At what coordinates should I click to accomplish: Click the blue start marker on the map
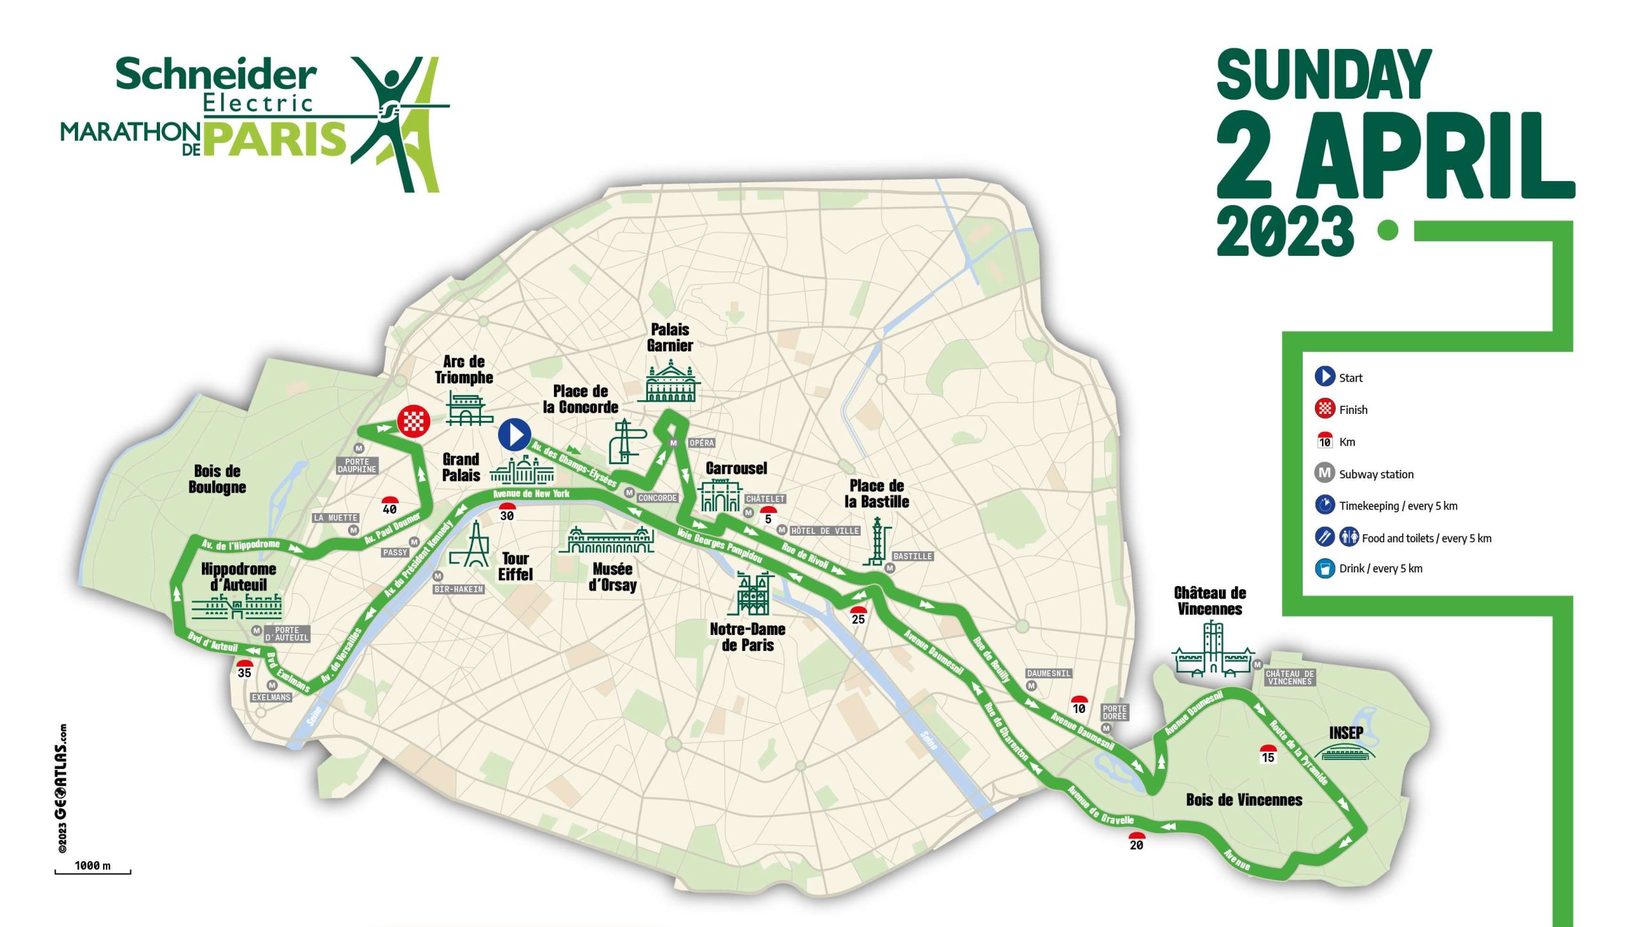coord(515,434)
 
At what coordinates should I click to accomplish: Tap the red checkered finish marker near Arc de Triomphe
coord(413,422)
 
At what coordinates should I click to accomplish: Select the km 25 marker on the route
coord(858,616)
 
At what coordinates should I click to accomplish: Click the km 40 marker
coord(390,505)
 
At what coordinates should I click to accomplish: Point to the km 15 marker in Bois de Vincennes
coord(1268,754)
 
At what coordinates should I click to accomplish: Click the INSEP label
coord(1346,732)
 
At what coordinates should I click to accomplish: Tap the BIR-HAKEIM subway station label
coord(459,589)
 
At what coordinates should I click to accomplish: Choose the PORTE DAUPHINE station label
coord(357,465)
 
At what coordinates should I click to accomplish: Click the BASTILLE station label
coord(913,556)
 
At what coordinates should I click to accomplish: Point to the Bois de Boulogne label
coord(217,479)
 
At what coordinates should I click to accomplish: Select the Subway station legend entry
coord(1376,474)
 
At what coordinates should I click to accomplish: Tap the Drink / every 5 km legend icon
coord(1325,569)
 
